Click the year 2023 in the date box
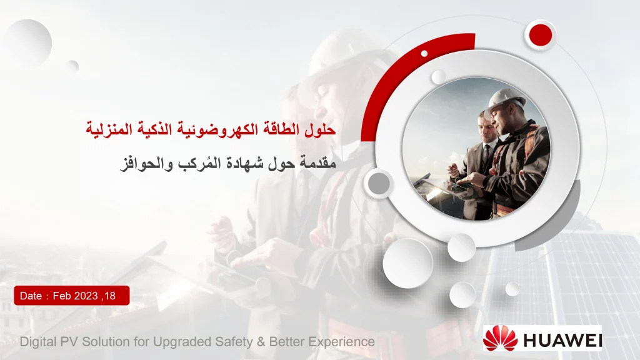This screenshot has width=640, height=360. tap(86, 296)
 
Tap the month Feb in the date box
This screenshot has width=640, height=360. tap(62, 296)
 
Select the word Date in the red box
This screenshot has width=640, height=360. tap(31, 296)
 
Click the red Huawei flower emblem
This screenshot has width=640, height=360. tap(501, 338)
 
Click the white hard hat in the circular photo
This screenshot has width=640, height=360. tap(504, 97)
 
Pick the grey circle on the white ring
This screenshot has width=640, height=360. tap(378, 183)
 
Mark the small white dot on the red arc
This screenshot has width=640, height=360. tap(424, 53)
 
